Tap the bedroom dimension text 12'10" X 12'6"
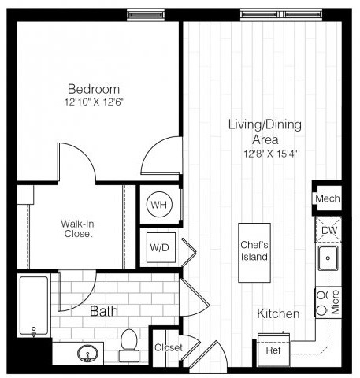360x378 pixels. pyautogui.click(x=93, y=102)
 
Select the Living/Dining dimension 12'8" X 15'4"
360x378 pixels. pyautogui.click(x=264, y=153)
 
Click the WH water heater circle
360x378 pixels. pyautogui.click(x=160, y=205)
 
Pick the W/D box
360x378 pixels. pyautogui.click(x=160, y=247)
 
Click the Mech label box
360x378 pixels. pyautogui.click(x=327, y=198)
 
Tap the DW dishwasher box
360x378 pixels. pyautogui.click(x=328, y=229)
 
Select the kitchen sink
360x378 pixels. pyautogui.click(x=328, y=258)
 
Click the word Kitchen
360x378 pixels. pyautogui.click(x=278, y=314)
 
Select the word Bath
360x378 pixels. pyautogui.click(x=103, y=312)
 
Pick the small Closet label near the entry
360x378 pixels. pyautogui.click(x=168, y=347)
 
